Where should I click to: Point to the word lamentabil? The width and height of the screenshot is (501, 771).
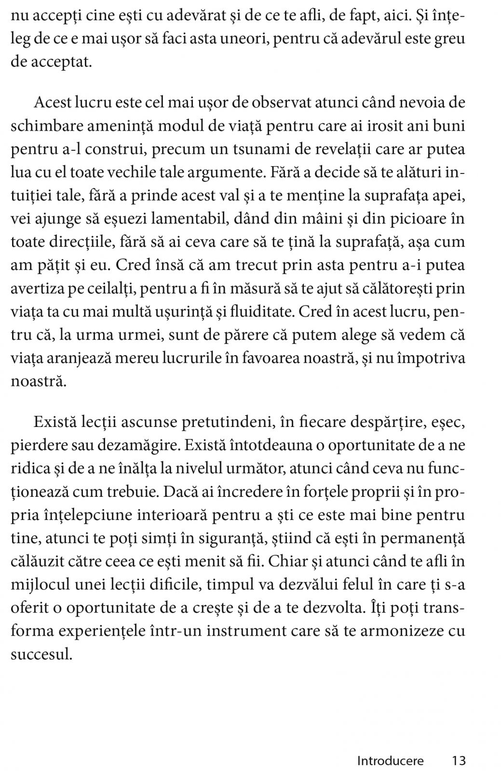(x=189, y=218)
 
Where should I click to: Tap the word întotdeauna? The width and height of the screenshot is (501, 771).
(x=270, y=445)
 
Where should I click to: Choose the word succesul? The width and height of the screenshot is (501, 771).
(x=41, y=654)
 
